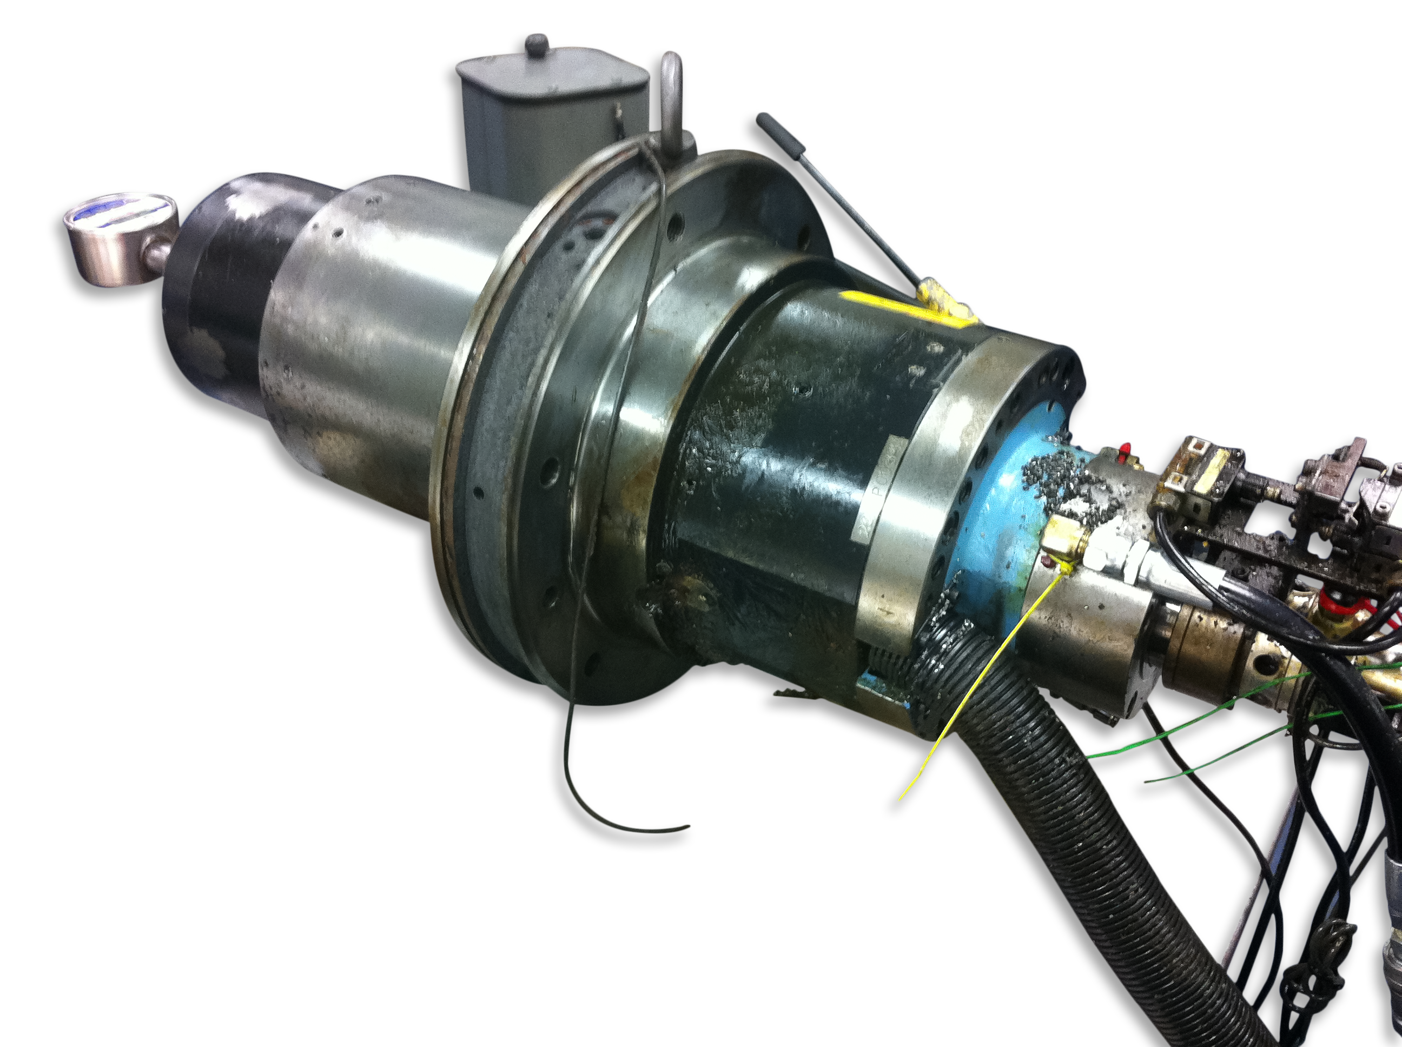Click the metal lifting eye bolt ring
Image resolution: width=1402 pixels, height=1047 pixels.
click(672, 102)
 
